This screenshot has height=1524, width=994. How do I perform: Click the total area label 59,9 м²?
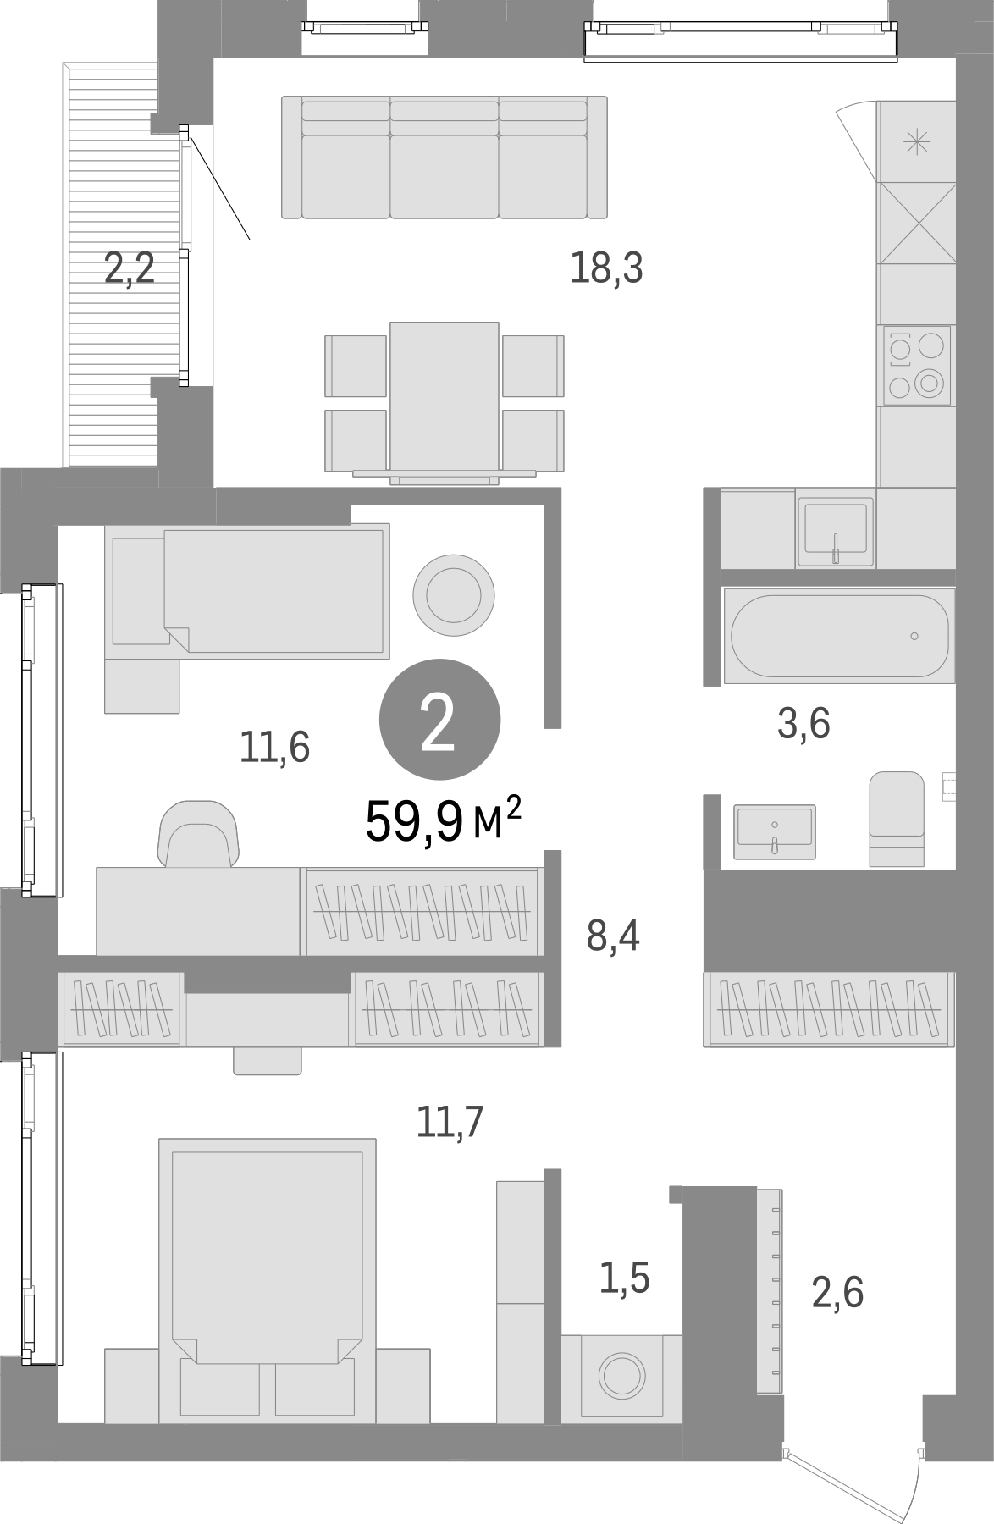coord(443,822)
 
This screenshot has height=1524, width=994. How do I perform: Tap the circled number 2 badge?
coord(439,719)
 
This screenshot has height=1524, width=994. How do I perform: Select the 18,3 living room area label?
coord(606,268)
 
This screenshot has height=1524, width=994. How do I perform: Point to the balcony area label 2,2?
coord(130,270)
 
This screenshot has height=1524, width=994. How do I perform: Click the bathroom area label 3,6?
coord(803,724)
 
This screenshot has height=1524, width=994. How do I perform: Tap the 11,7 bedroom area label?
coord(450,1123)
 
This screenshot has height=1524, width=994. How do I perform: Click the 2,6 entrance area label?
coord(837,1293)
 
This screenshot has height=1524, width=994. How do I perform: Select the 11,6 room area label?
coord(274,747)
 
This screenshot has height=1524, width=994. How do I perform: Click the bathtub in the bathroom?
coord(838,635)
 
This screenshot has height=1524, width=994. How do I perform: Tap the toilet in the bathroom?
coord(897,818)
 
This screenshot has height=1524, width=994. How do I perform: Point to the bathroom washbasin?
coord(775,831)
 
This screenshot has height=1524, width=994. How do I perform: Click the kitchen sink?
coord(835,531)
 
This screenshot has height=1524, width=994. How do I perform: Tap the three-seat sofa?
coord(445,157)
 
